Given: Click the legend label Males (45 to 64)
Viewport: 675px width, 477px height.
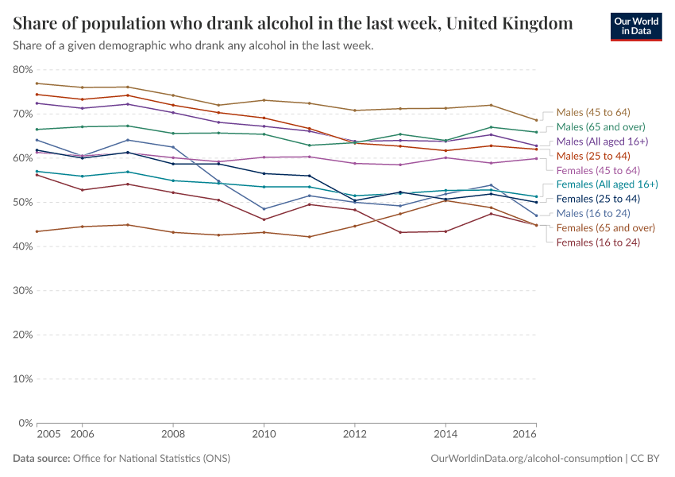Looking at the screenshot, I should click(593, 112).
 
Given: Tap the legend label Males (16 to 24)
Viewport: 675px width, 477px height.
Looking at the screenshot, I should click(592, 214).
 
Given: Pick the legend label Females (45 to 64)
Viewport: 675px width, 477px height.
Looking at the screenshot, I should click(598, 170).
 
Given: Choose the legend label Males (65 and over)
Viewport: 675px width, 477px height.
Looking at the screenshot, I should click(600, 126).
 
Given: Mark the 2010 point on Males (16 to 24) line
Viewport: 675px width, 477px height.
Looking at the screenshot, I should click(264, 209).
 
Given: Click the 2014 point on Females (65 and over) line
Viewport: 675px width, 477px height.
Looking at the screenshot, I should click(445, 200).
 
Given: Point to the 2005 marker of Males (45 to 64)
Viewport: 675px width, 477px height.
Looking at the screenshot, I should click(37, 83).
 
